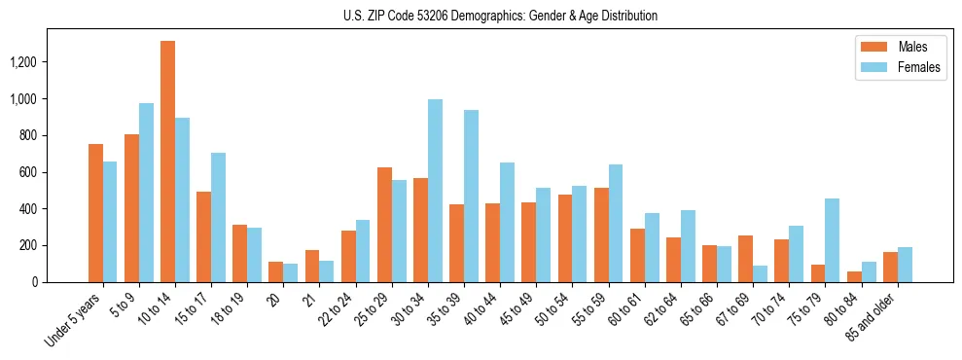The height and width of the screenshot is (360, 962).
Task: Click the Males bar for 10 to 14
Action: (167, 162)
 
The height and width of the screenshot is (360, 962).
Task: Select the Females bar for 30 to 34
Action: (435, 191)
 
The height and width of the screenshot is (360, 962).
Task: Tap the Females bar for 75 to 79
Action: (832, 240)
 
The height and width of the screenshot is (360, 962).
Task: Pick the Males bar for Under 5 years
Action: (95, 213)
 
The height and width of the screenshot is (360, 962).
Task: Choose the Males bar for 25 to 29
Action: (384, 225)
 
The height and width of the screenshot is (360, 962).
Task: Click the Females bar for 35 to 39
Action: (471, 196)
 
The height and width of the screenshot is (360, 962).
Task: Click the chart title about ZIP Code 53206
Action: (500, 16)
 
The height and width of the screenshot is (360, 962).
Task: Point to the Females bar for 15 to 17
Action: (218, 217)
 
